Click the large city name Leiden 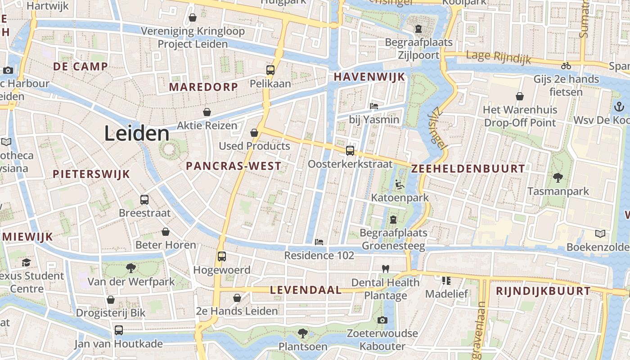point(137,134)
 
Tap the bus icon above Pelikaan point(270,70)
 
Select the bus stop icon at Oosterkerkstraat point(350,151)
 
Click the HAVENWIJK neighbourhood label point(369,77)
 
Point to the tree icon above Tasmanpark point(558,178)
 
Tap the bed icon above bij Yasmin point(374,106)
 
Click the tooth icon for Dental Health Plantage point(385,269)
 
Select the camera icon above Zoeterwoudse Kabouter point(382,320)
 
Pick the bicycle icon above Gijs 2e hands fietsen point(566,66)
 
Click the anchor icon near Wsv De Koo point(619,107)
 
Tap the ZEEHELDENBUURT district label point(468,169)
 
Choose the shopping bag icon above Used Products point(254,132)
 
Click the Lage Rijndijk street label point(498,57)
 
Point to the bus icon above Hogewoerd point(221,256)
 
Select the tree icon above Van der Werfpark point(130,268)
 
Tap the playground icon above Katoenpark point(399,184)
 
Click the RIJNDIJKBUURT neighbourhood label point(543,291)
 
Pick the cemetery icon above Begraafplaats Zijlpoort point(418,29)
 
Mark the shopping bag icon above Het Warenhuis point(520,96)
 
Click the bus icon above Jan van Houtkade point(119,330)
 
